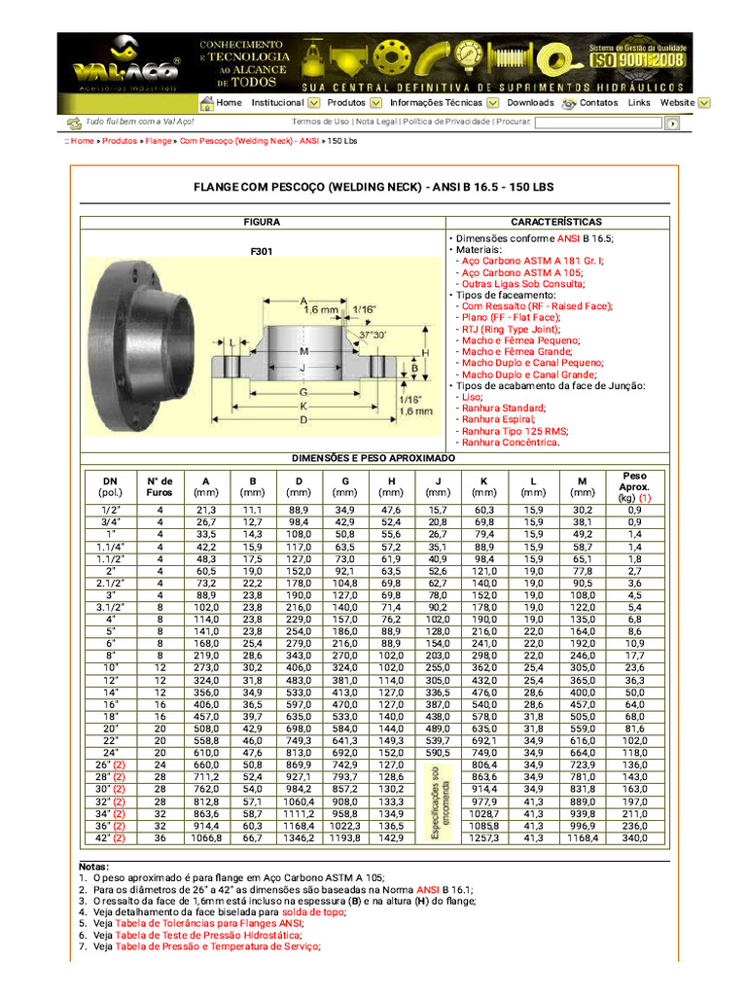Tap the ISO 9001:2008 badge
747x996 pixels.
point(637,60)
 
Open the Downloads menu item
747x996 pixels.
point(530,102)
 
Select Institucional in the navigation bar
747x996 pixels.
point(277,102)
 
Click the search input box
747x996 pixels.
point(598,124)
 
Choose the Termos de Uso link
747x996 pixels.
point(320,122)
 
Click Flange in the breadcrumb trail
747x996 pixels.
point(158,141)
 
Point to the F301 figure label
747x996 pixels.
point(262,251)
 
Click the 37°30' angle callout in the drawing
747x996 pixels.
point(373,335)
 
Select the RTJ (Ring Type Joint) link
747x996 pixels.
point(511,329)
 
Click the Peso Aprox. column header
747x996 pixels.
point(633,486)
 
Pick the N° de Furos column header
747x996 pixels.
point(160,486)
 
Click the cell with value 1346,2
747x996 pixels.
point(298,836)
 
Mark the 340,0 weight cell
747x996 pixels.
point(633,836)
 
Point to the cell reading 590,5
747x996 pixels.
point(438,752)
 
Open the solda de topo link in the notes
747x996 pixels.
point(313,912)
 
